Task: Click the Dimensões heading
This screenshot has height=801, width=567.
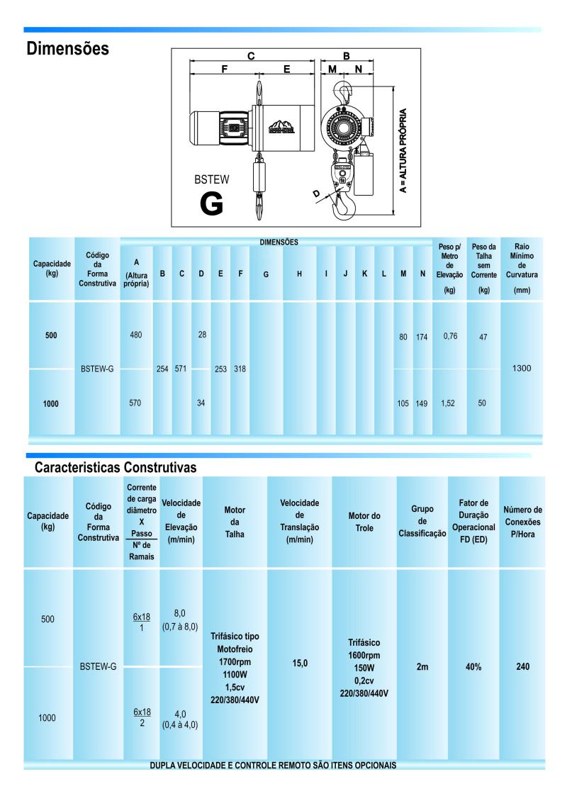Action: (x=67, y=49)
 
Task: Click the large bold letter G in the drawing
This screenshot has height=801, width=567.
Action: (x=212, y=203)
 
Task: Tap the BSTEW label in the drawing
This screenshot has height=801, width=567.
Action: (x=211, y=180)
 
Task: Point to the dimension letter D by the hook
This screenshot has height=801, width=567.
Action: (x=316, y=193)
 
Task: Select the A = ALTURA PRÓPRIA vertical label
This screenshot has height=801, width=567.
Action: (x=403, y=150)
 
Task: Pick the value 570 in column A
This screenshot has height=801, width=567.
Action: (x=136, y=403)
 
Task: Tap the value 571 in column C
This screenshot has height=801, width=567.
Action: (x=181, y=369)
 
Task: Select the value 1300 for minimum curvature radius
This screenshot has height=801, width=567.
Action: (x=522, y=369)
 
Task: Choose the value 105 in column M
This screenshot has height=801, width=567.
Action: (x=403, y=404)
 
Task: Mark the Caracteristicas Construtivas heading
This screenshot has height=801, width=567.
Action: (x=115, y=468)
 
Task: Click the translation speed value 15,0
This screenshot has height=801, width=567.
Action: (x=299, y=667)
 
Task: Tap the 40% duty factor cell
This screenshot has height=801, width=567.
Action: (x=473, y=667)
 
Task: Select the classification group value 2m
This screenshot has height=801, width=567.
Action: (x=422, y=667)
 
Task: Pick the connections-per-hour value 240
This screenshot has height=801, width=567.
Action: (x=522, y=667)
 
